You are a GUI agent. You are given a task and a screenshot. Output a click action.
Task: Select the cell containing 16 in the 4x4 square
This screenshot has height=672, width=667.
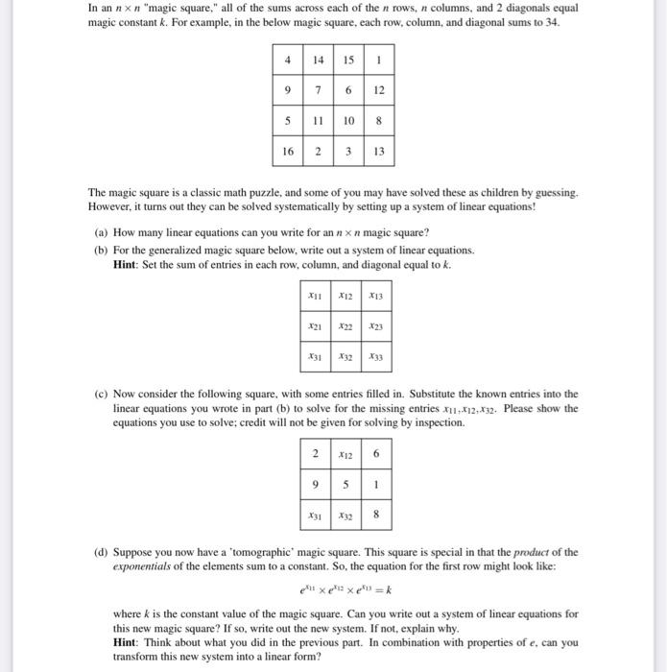288,151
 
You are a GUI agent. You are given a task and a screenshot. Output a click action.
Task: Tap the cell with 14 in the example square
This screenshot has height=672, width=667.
318,59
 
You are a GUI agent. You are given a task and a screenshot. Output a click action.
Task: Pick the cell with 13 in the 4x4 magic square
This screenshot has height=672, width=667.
379,151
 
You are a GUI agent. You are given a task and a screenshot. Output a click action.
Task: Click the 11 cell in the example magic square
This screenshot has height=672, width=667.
318,120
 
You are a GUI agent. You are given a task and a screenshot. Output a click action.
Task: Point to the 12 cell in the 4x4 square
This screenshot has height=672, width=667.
379,89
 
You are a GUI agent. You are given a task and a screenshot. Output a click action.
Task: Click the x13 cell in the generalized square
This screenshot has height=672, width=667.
376,297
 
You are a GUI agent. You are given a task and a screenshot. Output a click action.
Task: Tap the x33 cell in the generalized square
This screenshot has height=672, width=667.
376,357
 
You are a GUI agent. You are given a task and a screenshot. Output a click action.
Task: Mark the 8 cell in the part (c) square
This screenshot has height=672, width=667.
376,514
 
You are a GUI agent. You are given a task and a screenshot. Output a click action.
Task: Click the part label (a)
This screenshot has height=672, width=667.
100,232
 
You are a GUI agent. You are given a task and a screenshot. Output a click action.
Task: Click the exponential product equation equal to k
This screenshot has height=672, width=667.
345,589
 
